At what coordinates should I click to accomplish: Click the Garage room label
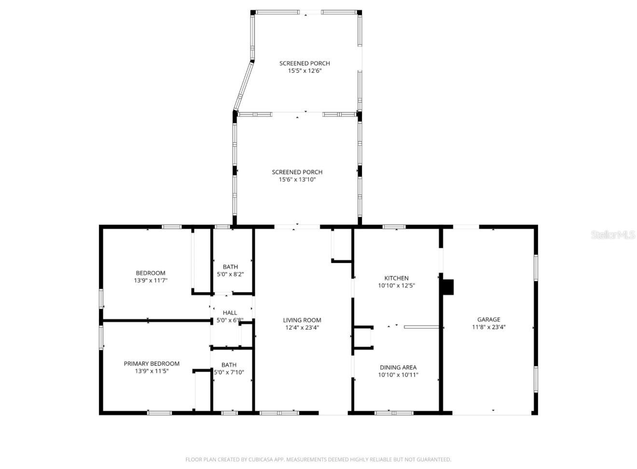pos(488,319)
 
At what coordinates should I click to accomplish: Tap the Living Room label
pos(302,320)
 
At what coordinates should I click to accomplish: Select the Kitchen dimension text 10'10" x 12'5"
pos(396,286)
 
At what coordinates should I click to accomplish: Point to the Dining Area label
pos(398,367)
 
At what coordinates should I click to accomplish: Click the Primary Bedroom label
pos(152,364)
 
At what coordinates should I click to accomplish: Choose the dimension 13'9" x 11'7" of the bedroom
pos(151,280)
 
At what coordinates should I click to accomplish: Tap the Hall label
pos(230,313)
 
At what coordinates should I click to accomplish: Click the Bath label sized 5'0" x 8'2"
pos(230,267)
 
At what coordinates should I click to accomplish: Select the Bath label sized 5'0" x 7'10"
pos(229,365)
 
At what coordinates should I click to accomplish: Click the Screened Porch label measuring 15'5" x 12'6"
pos(305,63)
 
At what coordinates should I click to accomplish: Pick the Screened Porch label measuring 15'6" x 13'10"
pos(297,172)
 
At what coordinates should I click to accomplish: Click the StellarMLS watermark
pos(613,235)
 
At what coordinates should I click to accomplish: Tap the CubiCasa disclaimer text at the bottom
pos(318,459)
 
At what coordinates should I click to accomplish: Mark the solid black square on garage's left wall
pos(448,287)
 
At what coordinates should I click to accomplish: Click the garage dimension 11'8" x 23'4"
pos(488,327)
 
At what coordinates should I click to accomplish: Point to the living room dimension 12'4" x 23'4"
pos(302,328)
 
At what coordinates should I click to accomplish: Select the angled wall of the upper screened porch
pos(244,85)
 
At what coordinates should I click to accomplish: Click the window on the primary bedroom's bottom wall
pos(159,413)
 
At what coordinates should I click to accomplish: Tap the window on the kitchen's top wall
pos(394,226)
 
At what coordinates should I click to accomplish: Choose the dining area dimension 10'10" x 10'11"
pos(398,375)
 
